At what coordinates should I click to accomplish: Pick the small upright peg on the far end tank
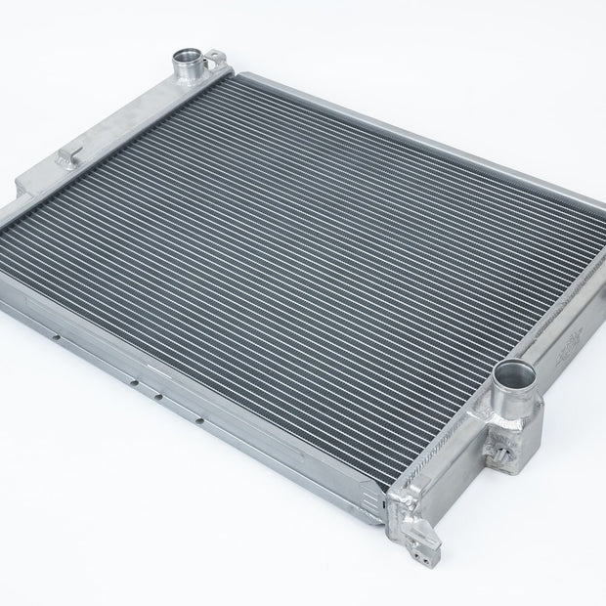[x=70, y=154]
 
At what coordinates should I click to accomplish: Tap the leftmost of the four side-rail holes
[x=60, y=340]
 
